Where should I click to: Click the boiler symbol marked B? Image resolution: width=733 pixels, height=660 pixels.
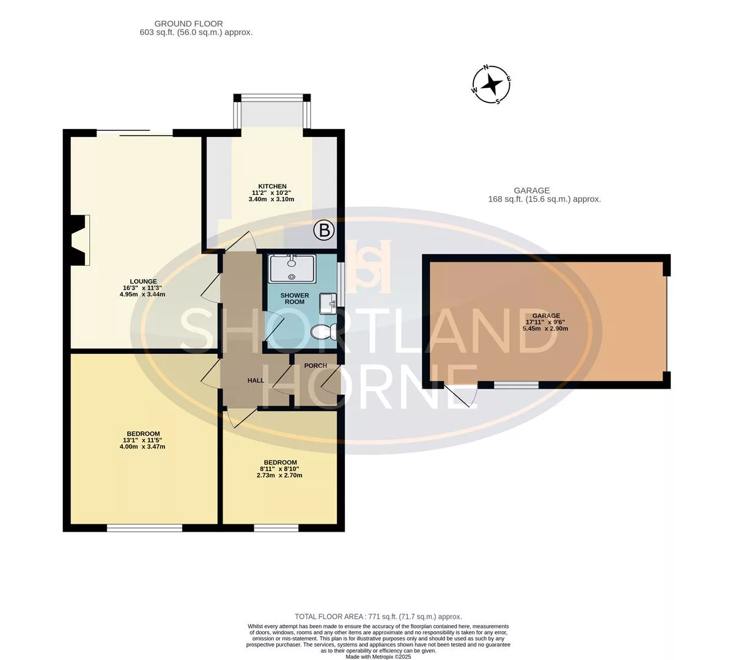click(324, 230)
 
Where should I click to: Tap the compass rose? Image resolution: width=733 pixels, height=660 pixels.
click(492, 84)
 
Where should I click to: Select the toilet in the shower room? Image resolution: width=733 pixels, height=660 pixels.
click(323, 332)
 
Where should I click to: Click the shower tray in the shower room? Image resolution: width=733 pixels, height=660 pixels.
click(292, 268)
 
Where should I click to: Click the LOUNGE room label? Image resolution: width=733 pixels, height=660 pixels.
click(143, 281)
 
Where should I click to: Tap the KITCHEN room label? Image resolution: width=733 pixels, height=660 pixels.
click(273, 186)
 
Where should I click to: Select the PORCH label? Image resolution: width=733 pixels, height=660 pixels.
click(315, 365)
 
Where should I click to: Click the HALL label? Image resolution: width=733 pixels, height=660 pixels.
click(256, 381)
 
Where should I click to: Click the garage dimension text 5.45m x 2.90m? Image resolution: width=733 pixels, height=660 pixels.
click(545, 329)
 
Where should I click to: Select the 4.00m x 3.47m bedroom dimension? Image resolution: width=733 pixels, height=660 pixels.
click(142, 446)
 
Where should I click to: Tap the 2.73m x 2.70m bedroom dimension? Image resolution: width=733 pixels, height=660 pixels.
click(279, 475)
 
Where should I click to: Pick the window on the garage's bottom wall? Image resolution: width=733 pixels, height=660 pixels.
click(517, 385)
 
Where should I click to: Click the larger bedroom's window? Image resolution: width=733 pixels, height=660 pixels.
click(144, 528)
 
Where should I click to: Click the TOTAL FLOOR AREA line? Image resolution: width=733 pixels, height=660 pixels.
click(378, 617)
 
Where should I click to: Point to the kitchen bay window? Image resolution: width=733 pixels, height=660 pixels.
click(273, 112)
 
